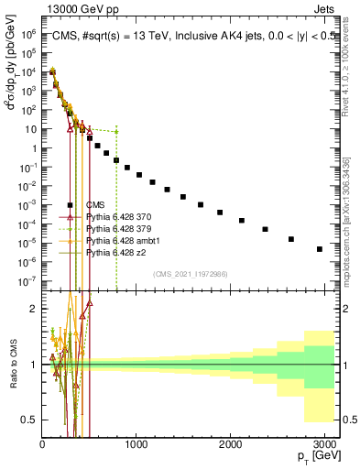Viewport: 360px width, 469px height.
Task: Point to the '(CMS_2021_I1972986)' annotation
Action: coord(191,273)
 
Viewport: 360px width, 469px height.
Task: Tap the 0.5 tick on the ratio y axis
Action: coord(32,420)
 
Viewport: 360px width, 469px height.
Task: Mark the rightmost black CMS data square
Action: coord(319,249)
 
